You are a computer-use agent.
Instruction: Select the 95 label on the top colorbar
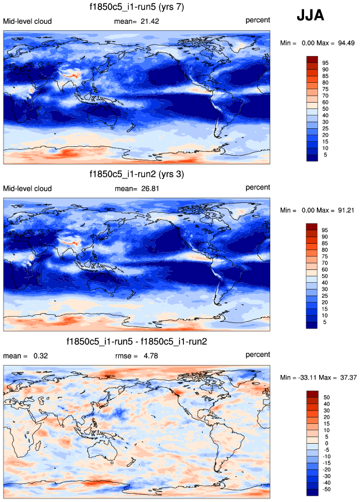[326, 62]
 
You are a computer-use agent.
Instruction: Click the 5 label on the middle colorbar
[324, 322]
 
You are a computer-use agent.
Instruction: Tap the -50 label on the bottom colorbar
[327, 490]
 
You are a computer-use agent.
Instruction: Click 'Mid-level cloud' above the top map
[27, 22]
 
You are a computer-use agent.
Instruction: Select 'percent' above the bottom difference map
[257, 354]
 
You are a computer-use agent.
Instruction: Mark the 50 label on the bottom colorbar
[326, 396]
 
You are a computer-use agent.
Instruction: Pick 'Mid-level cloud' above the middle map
[27, 188]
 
